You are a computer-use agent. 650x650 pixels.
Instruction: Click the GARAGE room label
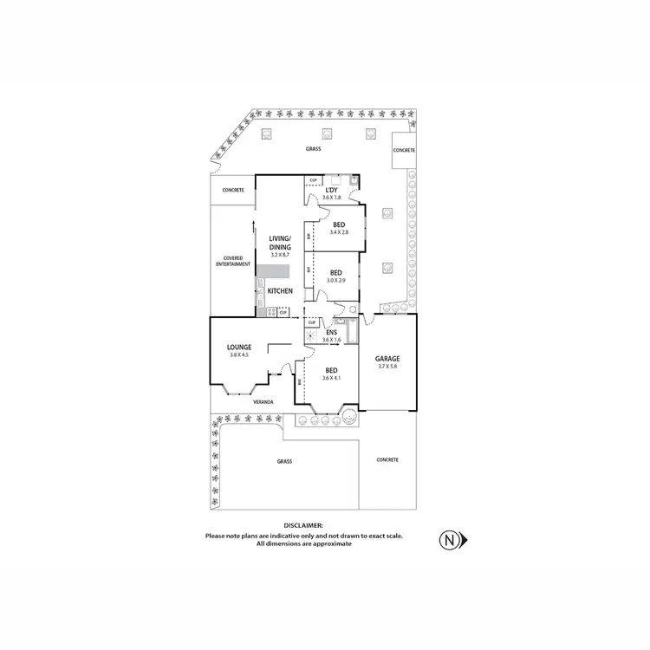pos(387,358)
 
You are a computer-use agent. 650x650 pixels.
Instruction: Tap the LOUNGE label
pos(239,347)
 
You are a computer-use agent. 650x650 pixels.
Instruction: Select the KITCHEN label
pos(280,290)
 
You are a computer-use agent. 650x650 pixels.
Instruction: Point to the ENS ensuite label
pos(331,332)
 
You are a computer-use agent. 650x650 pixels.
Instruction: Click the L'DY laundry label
pos(331,190)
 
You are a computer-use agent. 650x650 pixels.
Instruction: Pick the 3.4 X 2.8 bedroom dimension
pos(338,232)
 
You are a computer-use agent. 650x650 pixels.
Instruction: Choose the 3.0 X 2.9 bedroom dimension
pos(335,281)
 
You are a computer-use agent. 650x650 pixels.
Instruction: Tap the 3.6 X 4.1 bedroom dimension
pos(331,378)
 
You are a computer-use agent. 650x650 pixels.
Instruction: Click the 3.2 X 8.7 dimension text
pos(279,255)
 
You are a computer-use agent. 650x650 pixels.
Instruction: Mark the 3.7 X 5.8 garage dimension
pos(387,367)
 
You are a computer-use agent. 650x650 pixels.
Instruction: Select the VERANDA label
pos(263,402)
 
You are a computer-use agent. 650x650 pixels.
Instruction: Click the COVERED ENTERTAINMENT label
pos(231,261)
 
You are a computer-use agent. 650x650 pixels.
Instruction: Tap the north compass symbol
pos(452,539)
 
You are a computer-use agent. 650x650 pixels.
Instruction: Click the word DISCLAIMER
pos(303,525)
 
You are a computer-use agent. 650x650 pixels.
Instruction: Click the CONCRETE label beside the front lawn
pos(387,459)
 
